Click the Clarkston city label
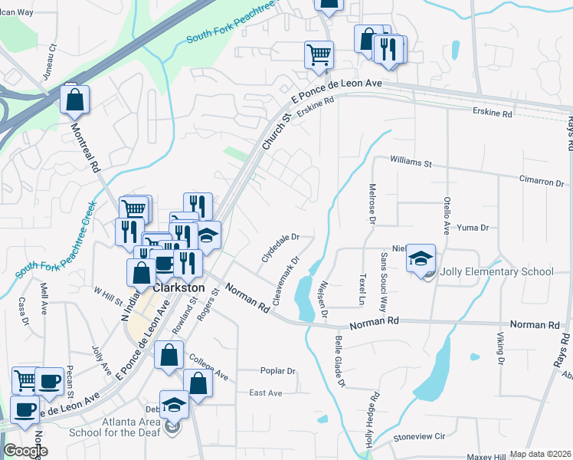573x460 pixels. pyautogui.click(x=179, y=288)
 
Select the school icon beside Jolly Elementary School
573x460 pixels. pyautogui.click(x=421, y=259)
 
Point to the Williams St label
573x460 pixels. pyautogui.click(x=411, y=163)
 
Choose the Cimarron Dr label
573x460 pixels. pyautogui.click(x=542, y=183)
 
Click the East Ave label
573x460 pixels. pyautogui.click(x=266, y=393)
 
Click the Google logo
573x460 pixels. pyautogui.click(x=25, y=451)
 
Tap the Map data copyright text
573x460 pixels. pyautogui.click(x=541, y=455)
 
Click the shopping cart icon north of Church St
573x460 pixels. pyautogui.click(x=319, y=55)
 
